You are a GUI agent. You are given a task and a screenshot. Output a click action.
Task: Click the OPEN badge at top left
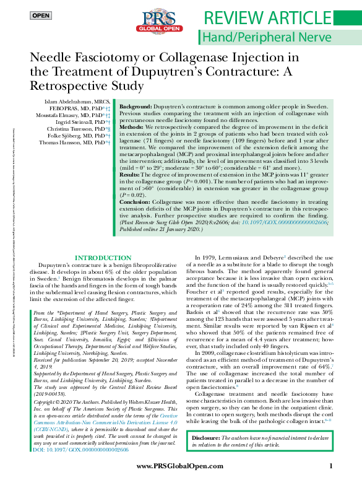click(41, 15)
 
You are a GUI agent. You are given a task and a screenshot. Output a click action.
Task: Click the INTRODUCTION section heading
click(103, 257)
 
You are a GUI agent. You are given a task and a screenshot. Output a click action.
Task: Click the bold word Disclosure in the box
click(209, 438)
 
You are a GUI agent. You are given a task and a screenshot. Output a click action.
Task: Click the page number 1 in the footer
click(331, 466)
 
